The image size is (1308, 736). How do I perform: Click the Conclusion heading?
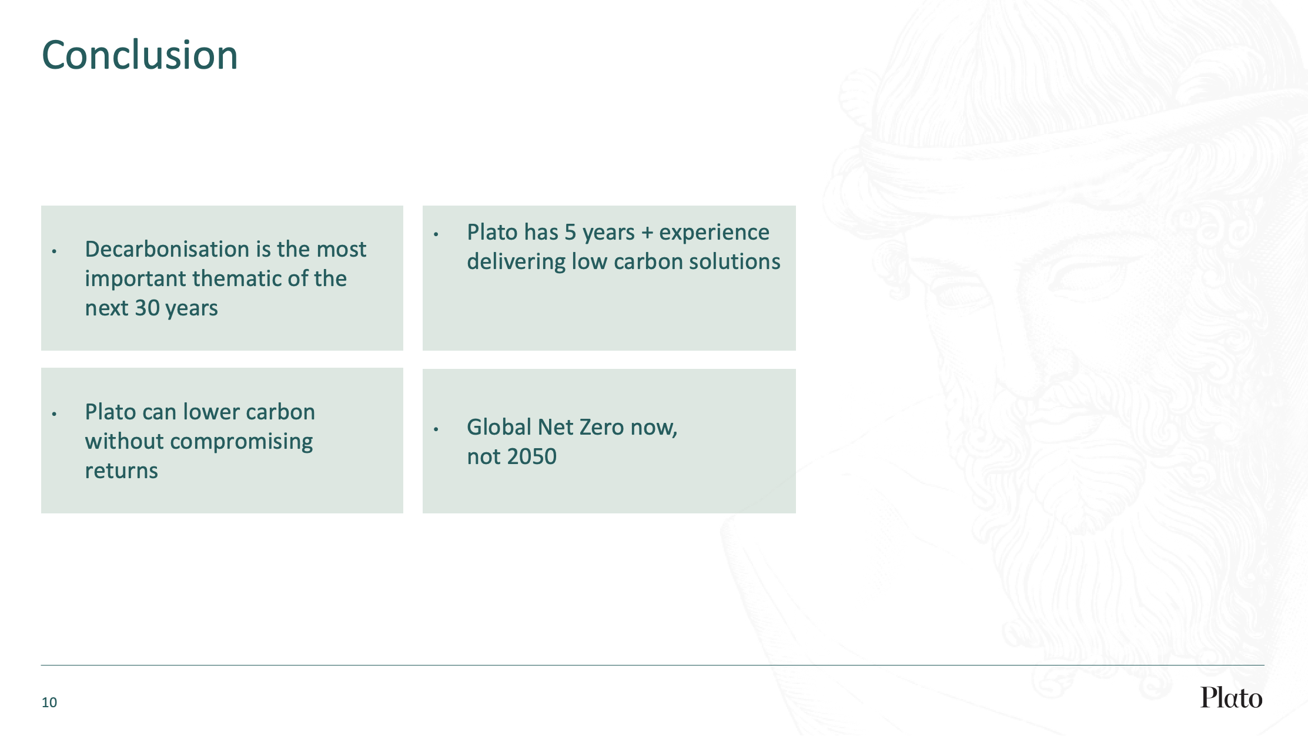tap(140, 55)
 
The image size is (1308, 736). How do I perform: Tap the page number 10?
tap(49, 703)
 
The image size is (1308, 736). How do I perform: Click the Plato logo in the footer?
tap(1231, 697)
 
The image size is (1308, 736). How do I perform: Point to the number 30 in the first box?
tap(148, 308)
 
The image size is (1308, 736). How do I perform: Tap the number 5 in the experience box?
tap(570, 233)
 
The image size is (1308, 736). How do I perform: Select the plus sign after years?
tap(647, 233)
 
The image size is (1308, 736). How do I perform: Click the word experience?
tap(714, 233)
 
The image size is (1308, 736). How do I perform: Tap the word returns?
tap(122, 471)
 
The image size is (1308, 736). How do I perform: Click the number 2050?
tap(532, 456)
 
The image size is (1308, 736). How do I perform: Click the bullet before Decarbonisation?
tap(54, 251)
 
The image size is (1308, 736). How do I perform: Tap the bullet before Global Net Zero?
tap(436, 429)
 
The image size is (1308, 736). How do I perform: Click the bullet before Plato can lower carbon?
tap(54, 414)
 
